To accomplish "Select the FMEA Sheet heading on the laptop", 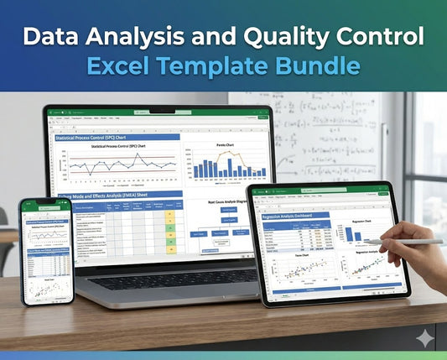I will pos(117,195).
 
